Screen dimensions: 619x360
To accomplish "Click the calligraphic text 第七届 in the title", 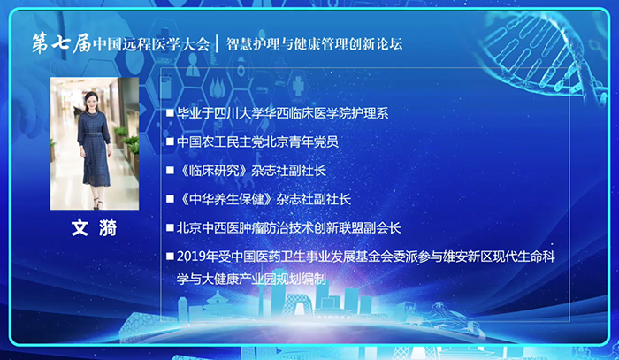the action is [62, 43].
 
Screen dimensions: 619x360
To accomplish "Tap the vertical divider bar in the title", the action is [218, 43].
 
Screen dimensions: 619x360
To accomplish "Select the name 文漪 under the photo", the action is [95, 228].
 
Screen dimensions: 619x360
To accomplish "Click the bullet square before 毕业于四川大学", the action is [170, 113].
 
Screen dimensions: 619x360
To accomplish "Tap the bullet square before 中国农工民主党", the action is [170, 142].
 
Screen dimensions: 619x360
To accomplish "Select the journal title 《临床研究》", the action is [214, 171].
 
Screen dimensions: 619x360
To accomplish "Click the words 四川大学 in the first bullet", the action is [239, 113].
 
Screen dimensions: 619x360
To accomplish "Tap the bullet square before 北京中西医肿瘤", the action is [170, 227].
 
